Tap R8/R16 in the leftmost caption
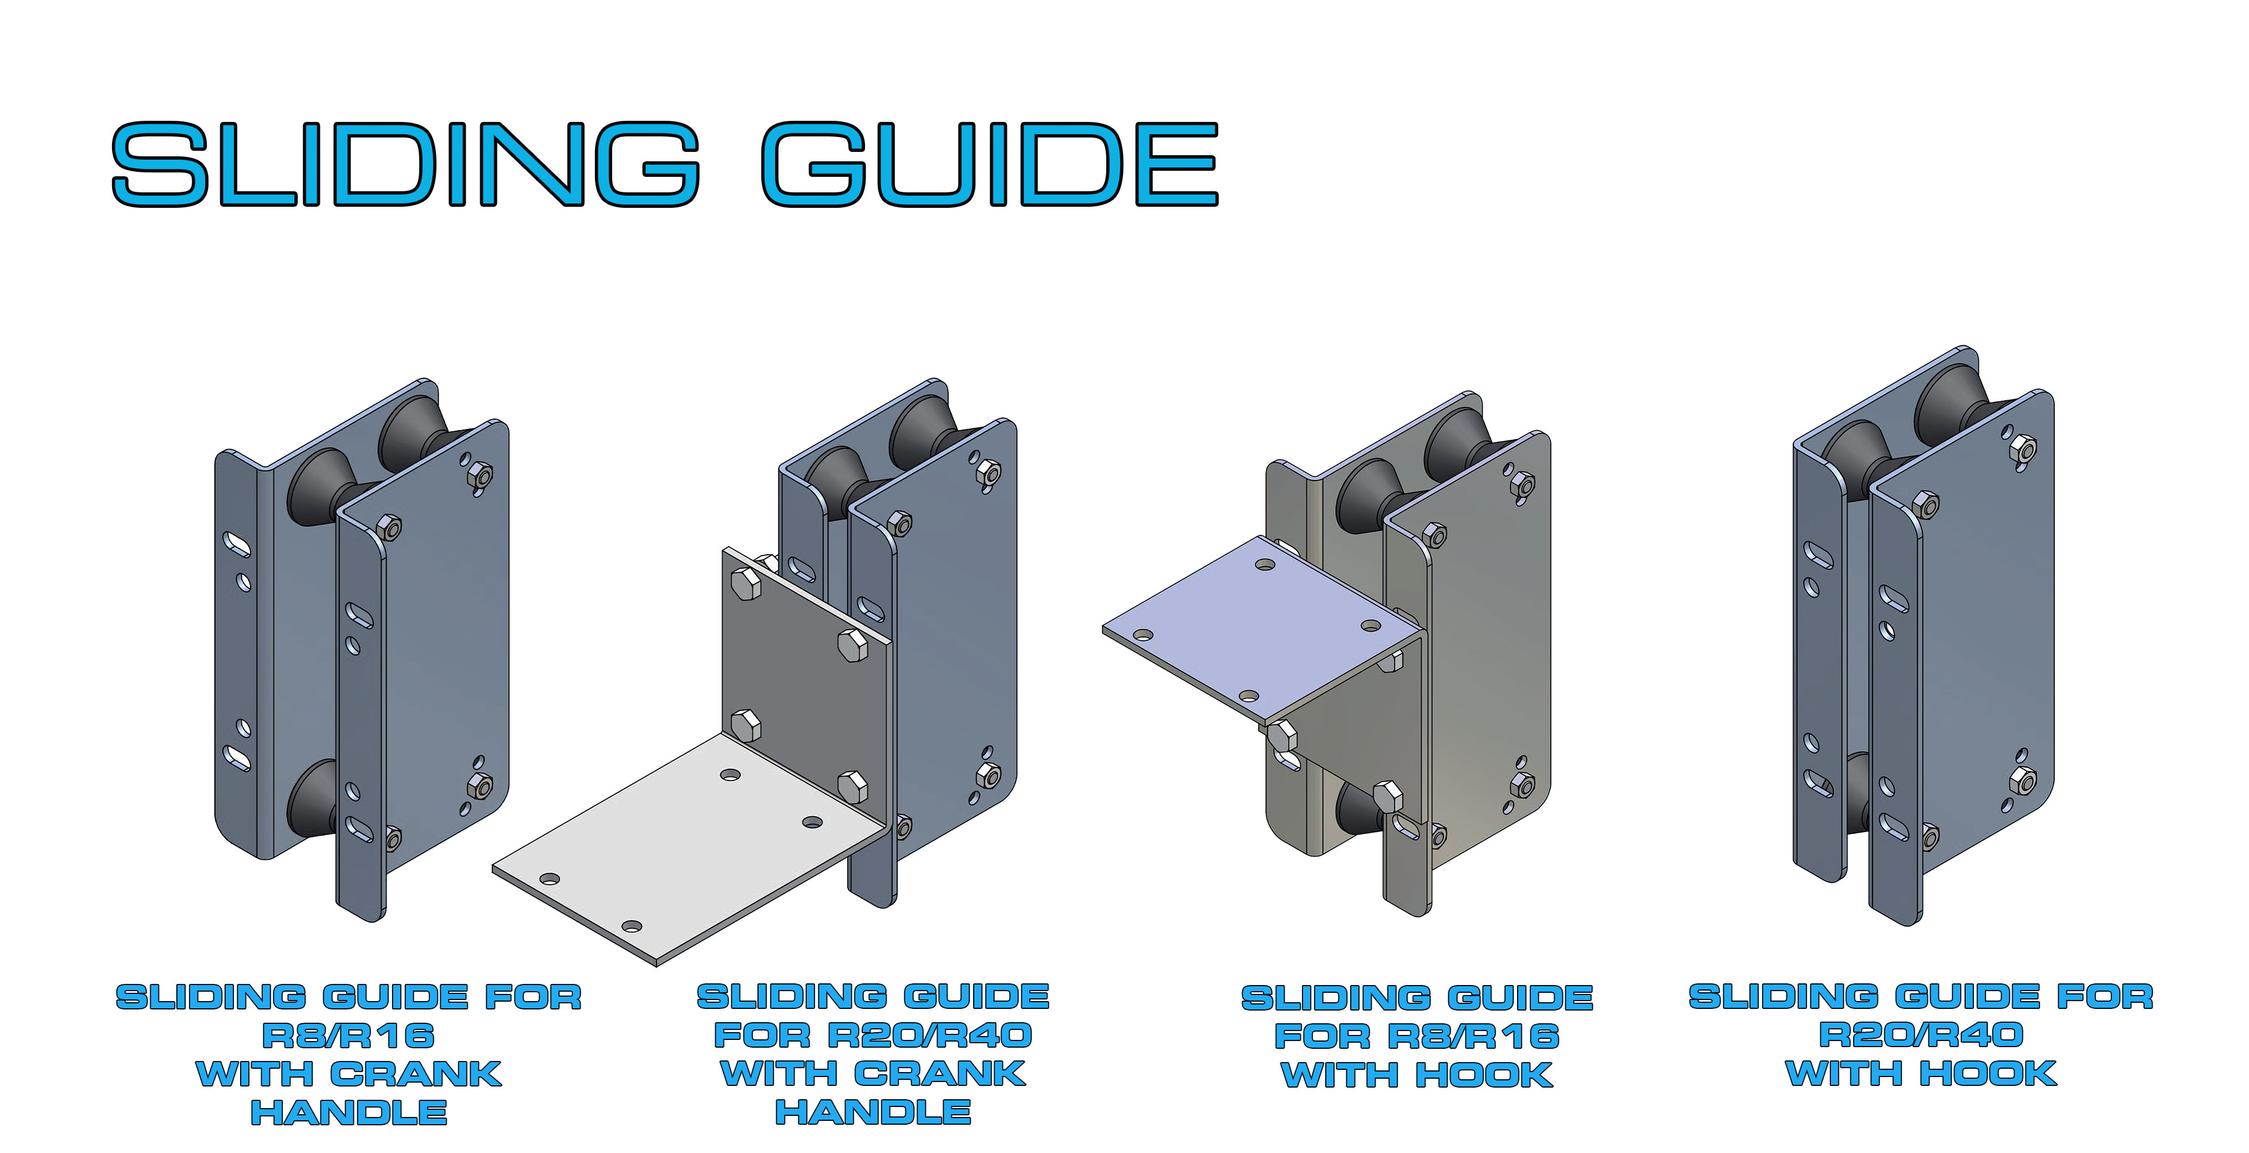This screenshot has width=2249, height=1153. [x=348, y=1036]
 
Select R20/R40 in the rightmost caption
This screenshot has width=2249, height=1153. [x=1921, y=1035]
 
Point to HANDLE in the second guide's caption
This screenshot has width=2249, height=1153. [x=873, y=1112]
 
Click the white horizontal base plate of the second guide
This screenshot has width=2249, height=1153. [x=690, y=846]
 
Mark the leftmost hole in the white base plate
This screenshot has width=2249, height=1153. [x=549, y=878]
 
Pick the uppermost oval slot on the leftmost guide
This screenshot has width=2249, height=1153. [x=237, y=545]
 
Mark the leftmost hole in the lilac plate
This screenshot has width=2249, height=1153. [x=1142, y=635]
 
